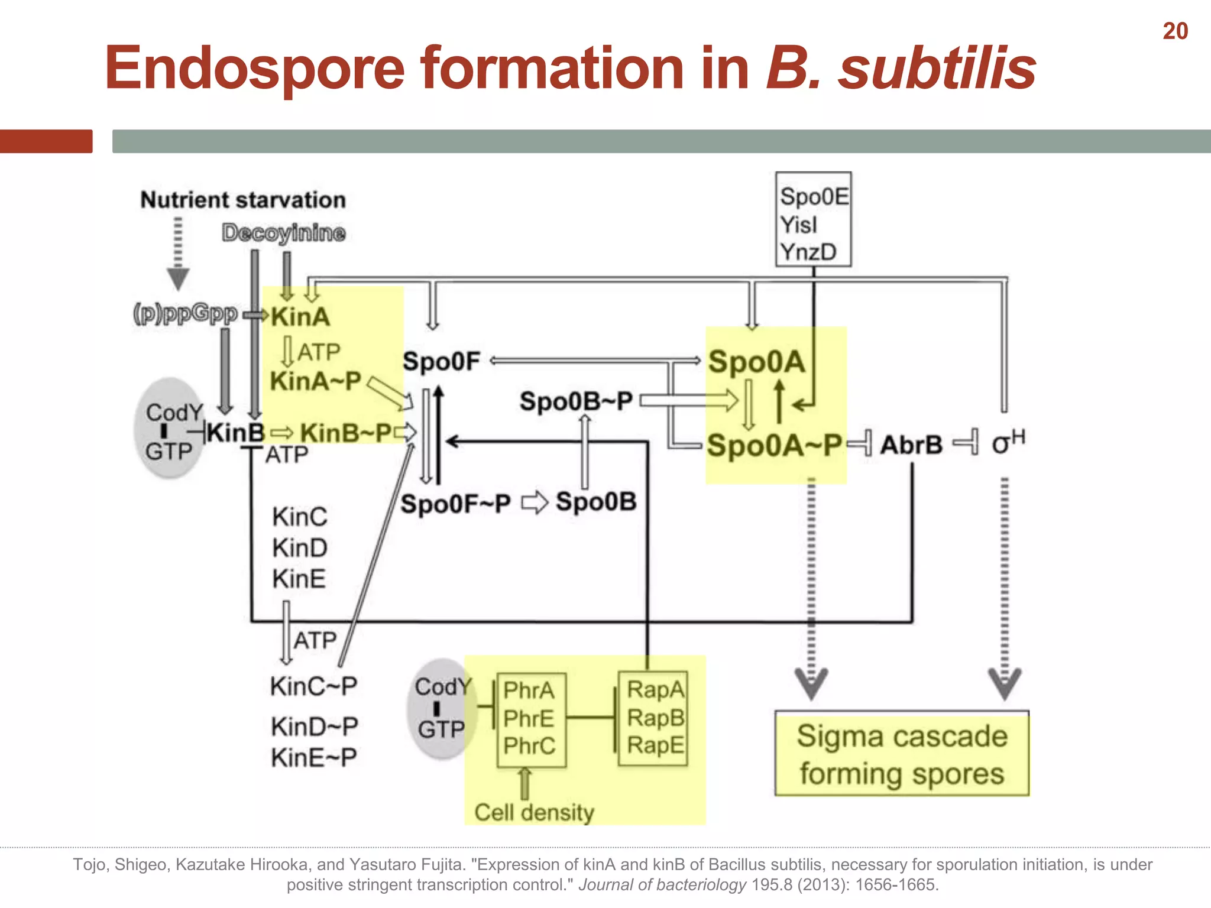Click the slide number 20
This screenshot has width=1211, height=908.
click(x=1175, y=31)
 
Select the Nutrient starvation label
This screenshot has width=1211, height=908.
click(x=243, y=200)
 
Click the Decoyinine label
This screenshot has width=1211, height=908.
click(x=283, y=233)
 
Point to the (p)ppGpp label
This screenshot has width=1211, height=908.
click(x=185, y=313)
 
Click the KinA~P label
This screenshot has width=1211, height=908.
click(x=315, y=381)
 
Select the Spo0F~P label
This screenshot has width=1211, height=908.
click(x=455, y=504)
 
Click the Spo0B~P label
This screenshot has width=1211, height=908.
click(x=576, y=401)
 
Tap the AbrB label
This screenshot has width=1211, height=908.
click(x=911, y=445)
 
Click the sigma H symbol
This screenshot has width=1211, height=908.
click(x=1008, y=442)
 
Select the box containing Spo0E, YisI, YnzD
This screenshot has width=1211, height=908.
click(x=813, y=219)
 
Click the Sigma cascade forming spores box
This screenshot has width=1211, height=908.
click(x=902, y=754)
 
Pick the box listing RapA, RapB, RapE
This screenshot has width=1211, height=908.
click(x=653, y=718)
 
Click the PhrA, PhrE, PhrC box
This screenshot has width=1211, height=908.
click(x=531, y=719)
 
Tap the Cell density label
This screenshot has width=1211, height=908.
click(x=534, y=812)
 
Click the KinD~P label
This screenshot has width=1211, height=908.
click(x=314, y=727)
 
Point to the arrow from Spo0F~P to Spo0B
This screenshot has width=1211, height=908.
click(x=535, y=503)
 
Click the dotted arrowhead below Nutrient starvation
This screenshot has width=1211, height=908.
click(x=178, y=278)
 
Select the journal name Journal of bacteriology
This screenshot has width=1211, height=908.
click(x=662, y=885)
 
